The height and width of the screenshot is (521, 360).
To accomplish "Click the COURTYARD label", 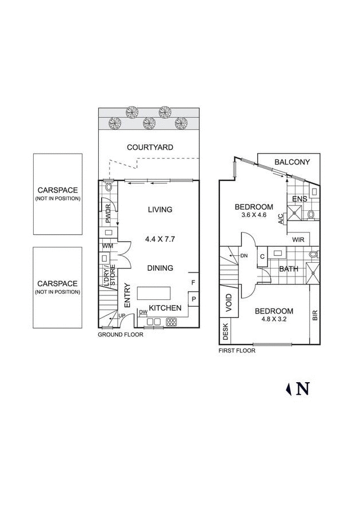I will [x=150, y=147].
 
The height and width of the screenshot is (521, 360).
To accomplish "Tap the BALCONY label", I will [x=292, y=162].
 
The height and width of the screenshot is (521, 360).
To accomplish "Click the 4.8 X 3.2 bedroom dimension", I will [x=274, y=320].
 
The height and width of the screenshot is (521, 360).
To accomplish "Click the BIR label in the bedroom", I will [x=315, y=315].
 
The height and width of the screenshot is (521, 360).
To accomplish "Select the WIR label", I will [x=298, y=239].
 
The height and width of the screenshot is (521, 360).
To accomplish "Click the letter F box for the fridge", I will [x=194, y=283].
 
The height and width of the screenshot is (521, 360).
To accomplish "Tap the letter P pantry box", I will [x=194, y=299].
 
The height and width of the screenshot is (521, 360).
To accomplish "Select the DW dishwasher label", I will [x=143, y=312].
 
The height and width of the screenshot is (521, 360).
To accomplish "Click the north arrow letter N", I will [x=303, y=389].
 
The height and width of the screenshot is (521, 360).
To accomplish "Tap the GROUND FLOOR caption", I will [x=120, y=335].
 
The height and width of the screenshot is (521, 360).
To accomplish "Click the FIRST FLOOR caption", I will [x=237, y=351].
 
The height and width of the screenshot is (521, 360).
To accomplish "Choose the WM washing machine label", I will [x=107, y=246].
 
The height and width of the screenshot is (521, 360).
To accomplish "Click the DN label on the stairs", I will [x=244, y=255].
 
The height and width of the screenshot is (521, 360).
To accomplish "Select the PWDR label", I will [x=107, y=215].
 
